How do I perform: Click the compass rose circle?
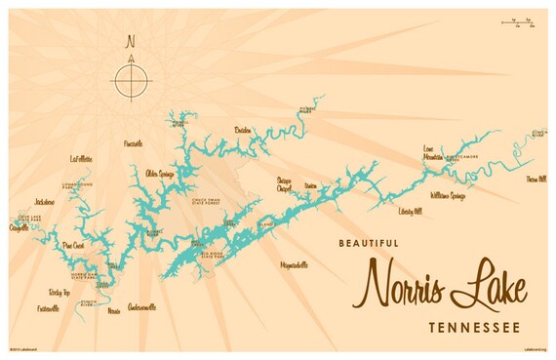131,79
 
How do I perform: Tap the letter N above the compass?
130,42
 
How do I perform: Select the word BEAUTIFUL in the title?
370,243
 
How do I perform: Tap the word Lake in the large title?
493,284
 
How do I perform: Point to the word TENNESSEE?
473,324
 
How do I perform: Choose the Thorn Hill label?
536,180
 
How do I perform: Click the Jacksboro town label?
43,202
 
